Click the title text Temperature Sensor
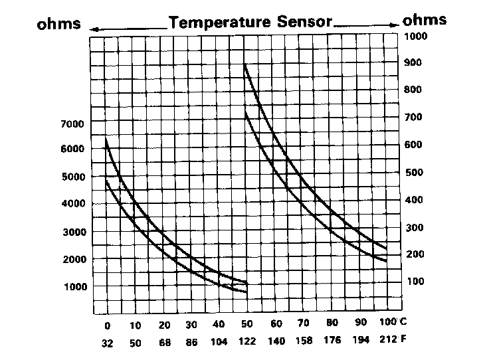[250, 22]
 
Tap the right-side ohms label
[425, 19]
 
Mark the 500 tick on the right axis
[415, 173]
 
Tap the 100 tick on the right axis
[415, 282]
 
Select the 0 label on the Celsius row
[106, 325]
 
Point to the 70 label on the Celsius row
[303, 325]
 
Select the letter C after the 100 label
[403, 323]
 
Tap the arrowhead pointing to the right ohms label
[395, 25]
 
